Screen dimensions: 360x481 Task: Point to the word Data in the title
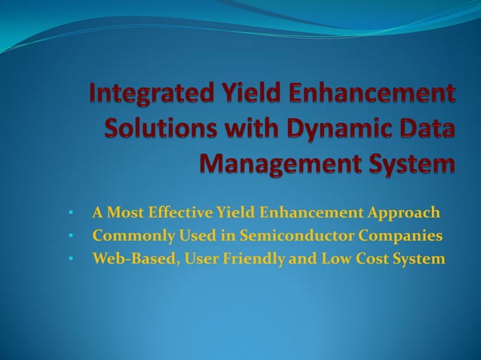point(429,129)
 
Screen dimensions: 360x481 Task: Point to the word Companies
point(401,236)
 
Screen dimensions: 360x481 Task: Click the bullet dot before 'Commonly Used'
point(70,236)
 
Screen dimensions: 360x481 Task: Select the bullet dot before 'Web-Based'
point(70,260)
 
